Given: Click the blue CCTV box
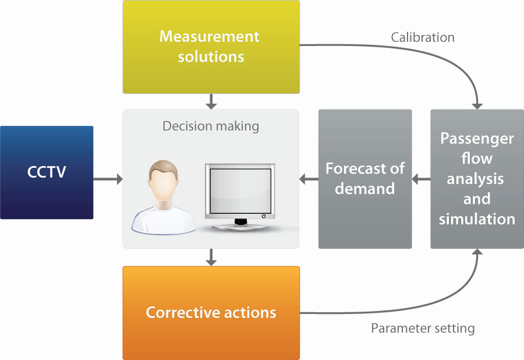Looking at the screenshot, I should point(47,172).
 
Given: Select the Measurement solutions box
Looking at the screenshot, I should point(211,47).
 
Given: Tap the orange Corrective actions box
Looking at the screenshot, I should point(211,313).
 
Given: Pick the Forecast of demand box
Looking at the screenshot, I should point(365,179).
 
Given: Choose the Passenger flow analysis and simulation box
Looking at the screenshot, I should point(477,179).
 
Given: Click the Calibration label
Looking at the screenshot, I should point(423,37).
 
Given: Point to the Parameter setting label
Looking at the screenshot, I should point(423,329).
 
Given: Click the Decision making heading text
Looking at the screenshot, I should point(211,126).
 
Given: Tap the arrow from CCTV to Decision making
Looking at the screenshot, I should point(108,179).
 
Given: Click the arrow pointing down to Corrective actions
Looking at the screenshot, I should point(211,257).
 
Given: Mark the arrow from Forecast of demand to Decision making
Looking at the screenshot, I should point(309,179).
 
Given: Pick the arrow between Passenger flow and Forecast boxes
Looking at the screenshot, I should point(421,179).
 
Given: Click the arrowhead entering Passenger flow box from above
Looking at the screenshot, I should point(477,105).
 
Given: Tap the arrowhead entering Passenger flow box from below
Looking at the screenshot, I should point(477,253).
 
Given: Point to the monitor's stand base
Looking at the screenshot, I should point(240,226).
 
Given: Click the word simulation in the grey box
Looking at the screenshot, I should point(477,220).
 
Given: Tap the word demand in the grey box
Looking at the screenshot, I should point(365,189).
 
